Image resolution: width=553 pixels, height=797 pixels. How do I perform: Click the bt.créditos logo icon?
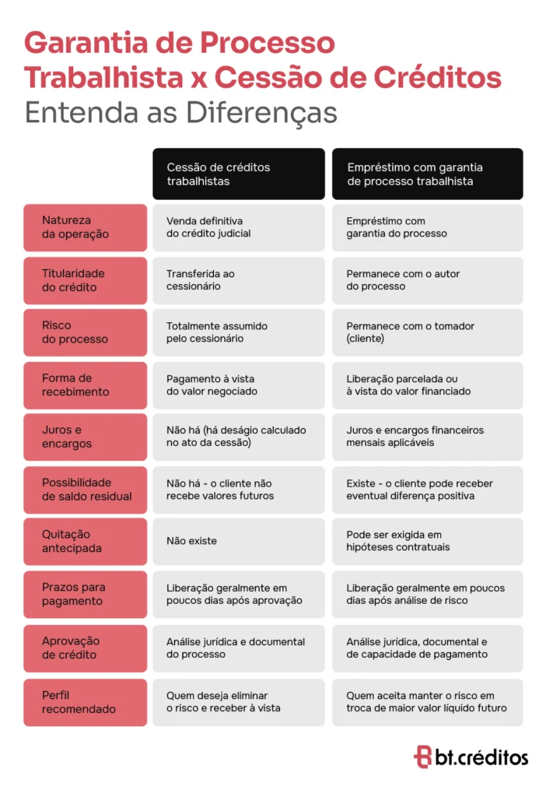pyautogui.click(x=422, y=757)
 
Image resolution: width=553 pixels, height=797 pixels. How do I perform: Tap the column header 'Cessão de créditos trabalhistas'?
pyautogui.click(x=238, y=174)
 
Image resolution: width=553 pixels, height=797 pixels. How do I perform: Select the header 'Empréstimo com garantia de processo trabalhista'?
pyautogui.click(x=427, y=174)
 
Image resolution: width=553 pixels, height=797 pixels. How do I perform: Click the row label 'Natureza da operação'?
pyautogui.click(x=85, y=227)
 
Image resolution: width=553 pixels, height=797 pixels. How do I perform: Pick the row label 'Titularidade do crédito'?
pyautogui.click(x=85, y=280)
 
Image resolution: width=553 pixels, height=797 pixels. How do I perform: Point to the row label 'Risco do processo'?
pyautogui.click(x=85, y=332)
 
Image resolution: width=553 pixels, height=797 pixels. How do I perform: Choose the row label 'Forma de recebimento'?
pyautogui.click(x=85, y=385)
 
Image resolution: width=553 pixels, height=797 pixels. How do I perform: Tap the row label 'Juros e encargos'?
pyautogui.click(x=85, y=437)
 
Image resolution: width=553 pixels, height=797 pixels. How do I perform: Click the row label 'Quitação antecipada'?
pyautogui.click(x=85, y=542)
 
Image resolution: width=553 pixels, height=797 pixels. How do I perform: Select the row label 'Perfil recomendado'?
pyautogui.click(x=85, y=702)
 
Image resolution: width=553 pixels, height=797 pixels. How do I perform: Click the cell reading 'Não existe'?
pyautogui.click(x=238, y=541)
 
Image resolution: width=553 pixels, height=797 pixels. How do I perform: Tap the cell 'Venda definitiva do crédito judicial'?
pyautogui.click(x=238, y=227)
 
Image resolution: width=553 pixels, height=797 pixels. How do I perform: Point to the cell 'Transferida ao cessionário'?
pyautogui.click(x=238, y=280)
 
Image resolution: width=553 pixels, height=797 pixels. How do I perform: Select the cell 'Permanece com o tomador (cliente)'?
pyautogui.click(x=427, y=332)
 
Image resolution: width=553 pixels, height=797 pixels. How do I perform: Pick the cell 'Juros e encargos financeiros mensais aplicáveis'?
pyautogui.click(x=427, y=437)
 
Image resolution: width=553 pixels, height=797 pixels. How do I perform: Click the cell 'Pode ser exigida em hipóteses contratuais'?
pyautogui.click(x=427, y=541)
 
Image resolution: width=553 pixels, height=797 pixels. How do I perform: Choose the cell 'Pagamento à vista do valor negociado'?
pyautogui.click(x=238, y=385)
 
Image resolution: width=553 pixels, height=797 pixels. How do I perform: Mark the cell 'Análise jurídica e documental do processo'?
pyautogui.click(x=238, y=648)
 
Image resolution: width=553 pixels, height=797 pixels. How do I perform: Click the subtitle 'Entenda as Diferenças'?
pyautogui.click(x=180, y=112)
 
